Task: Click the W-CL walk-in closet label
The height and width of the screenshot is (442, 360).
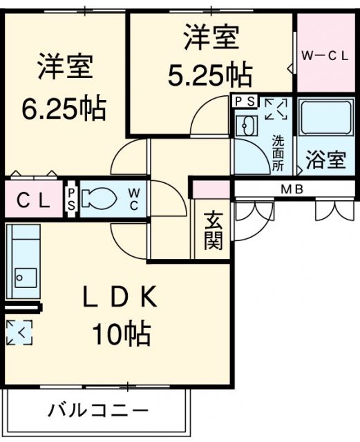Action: click(325, 56)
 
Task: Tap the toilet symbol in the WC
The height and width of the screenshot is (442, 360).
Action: click(98, 198)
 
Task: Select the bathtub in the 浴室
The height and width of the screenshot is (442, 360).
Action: click(326, 117)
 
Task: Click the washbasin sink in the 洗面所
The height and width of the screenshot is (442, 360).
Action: click(247, 126)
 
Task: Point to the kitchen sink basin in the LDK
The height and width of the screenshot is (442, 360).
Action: click(26, 278)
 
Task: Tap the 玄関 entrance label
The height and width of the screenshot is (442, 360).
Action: click(214, 231)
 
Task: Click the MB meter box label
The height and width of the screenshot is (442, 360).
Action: click(292, 189)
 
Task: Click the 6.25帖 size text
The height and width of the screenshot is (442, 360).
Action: click(64, 108)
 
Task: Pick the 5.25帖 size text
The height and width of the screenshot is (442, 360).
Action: click(209, 74)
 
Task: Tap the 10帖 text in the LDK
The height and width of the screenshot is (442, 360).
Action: click(122, 334)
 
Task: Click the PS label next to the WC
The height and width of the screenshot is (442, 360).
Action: click(71, 200)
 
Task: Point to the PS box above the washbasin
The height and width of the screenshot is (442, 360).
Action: click(245, 102)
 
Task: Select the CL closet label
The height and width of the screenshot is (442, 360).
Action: click(33, 200)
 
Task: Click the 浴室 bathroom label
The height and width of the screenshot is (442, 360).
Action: click(326, 160)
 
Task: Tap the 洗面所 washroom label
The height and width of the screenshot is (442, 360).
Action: click(278, 153)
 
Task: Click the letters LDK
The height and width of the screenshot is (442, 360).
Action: click(120, 296)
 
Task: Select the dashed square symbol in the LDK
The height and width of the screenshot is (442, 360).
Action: click(19, 332)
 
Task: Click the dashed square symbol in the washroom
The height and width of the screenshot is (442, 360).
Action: click(276, 108)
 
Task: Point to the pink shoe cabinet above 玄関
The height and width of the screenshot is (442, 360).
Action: click(211, 189)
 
